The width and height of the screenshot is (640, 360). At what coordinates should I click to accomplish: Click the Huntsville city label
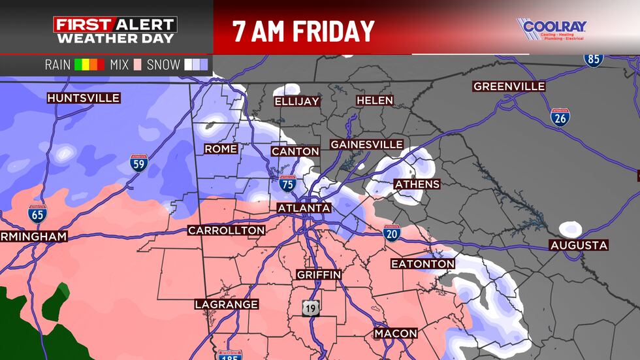[84, 98]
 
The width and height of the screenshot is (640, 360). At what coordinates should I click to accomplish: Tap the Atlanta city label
[304, 208]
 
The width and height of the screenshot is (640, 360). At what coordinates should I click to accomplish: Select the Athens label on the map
[417, 184]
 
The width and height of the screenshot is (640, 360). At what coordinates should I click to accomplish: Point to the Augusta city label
[579, 245]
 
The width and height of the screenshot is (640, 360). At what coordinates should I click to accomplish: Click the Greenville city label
[509, 86]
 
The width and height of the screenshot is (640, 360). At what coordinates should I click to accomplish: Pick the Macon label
[396, 333]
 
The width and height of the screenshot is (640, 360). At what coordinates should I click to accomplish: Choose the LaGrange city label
[227, 304]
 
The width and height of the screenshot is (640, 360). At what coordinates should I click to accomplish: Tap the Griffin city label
[319, 274]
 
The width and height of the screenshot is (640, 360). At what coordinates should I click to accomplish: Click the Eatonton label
[423, 263]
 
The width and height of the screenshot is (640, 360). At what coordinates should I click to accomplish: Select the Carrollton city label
[227, 230]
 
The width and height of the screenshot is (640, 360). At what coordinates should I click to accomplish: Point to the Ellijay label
[297, 101]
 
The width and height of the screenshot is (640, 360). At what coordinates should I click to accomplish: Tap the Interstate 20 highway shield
[392, 234]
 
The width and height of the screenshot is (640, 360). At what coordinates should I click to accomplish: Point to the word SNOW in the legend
[163, 65]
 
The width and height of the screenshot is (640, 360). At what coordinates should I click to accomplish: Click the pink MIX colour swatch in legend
[137, 65]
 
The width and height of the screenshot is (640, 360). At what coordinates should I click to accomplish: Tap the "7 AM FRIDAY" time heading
[304, 30]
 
